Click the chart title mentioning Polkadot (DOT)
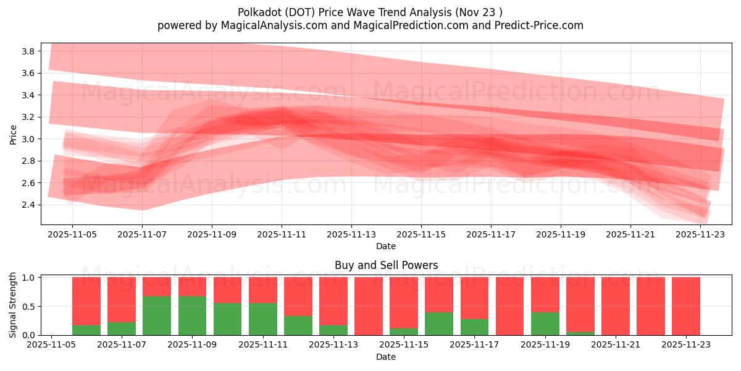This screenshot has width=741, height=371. click(x=370, y=12)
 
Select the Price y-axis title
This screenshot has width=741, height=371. click(x=14, y=134)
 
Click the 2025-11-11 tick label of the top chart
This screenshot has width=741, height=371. click(x=282, y=235)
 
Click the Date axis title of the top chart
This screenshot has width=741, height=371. click(x=386, y=246)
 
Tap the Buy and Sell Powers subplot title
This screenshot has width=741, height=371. click(x=386, y=265)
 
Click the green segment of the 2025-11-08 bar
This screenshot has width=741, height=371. click(x=157, y=315)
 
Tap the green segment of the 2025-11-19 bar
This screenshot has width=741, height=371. click(x=545, y=323)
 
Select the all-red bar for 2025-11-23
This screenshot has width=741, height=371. click(x=686, y=306)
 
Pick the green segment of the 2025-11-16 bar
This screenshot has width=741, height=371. click(x=439, y=323)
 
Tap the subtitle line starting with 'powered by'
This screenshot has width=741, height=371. click(x=370, y=25)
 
